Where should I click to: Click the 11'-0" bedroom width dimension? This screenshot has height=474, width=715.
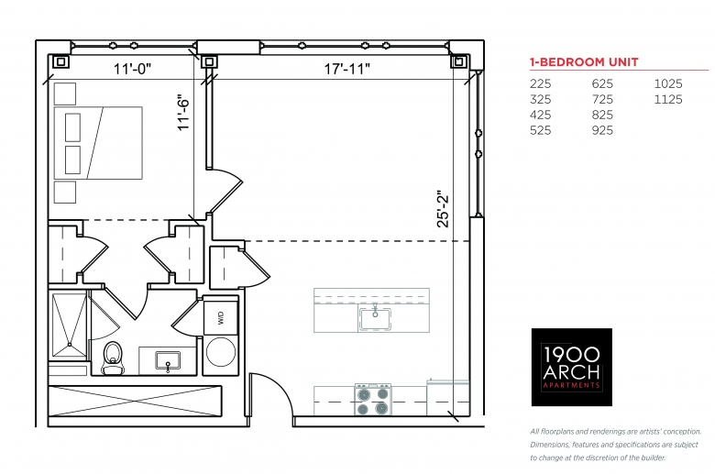132,69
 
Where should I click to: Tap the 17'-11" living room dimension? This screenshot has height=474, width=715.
347,69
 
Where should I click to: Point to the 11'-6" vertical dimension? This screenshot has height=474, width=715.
183,112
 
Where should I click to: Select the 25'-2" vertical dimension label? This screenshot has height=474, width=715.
443,209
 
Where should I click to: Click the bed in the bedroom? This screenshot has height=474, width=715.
98,143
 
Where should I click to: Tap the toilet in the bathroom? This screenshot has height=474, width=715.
113,358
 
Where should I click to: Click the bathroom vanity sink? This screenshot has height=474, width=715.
168,360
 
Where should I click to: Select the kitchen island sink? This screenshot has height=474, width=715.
375,318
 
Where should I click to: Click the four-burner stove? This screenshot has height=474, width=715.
373,400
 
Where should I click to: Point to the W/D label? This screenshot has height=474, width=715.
221,317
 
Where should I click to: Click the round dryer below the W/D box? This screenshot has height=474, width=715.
221,352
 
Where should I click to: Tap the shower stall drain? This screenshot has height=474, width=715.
69,345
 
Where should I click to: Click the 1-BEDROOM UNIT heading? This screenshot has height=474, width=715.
584,62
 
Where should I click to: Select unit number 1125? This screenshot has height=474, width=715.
668,99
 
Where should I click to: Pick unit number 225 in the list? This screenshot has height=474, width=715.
540,84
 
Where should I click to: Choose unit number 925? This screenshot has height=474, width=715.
602,130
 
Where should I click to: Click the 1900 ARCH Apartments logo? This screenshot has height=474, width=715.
571,367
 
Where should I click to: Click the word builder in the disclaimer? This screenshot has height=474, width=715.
654,457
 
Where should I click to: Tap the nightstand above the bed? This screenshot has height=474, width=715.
65,94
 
